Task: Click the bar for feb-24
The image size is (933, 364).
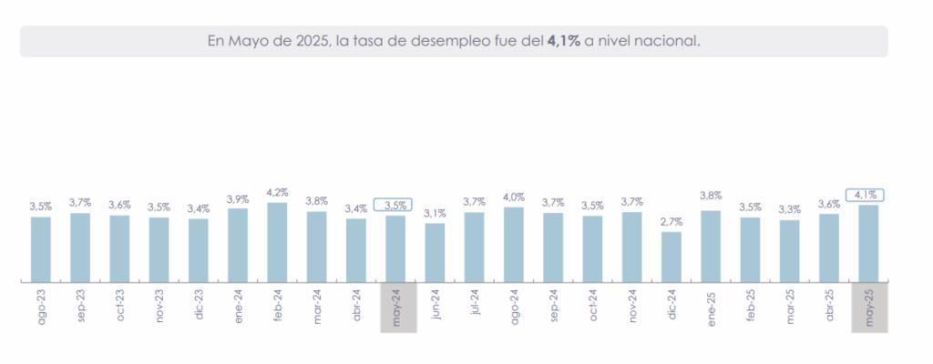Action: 277,242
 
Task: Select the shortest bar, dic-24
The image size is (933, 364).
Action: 671,257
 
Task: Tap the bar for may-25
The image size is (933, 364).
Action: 868,243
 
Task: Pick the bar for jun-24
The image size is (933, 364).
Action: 435,252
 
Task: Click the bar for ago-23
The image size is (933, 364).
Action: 41,249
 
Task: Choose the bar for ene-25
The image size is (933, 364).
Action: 711,246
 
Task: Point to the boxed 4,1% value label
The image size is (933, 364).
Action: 868,194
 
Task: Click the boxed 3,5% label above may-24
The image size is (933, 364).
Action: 395,205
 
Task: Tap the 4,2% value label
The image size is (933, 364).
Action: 277,192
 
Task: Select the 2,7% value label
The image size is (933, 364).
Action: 671,221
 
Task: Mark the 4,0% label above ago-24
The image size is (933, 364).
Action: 514,197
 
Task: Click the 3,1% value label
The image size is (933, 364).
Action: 435,213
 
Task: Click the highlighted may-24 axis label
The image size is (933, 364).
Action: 396,308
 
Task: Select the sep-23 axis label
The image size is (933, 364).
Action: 81,308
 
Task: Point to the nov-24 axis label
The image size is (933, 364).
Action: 632,308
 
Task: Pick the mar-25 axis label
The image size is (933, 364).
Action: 790,308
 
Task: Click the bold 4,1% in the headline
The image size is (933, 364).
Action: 562,41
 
